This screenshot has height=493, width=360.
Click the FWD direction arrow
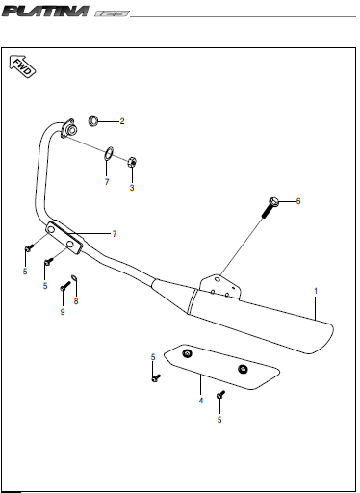(22, 66)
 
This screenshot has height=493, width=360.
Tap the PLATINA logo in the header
(45, 12)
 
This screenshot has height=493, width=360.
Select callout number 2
(122, 121)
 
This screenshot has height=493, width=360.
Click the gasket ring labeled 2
(93, 120)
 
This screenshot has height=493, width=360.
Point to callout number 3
(132, 188)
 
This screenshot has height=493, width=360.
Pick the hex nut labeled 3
(132, 162)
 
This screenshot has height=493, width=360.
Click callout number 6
(298, 201)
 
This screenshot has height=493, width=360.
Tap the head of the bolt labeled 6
(273, 202)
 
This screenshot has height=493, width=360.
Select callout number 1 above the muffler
(316, 291)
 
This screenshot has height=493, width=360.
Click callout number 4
(201, 401)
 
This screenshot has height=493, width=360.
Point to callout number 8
(76, 301)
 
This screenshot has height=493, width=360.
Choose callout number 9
(63, 312)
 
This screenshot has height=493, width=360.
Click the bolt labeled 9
(65, 286)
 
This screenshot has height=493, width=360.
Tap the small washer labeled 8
(74, 277)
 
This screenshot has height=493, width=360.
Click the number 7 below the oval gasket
(107, 182)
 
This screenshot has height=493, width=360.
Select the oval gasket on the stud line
(109, 153)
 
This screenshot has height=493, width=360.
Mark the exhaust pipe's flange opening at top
(72, 130)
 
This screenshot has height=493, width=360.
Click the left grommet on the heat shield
(187, 353)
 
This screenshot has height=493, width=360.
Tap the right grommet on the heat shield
(243, 369)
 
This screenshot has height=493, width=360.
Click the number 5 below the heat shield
(219, 420)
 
